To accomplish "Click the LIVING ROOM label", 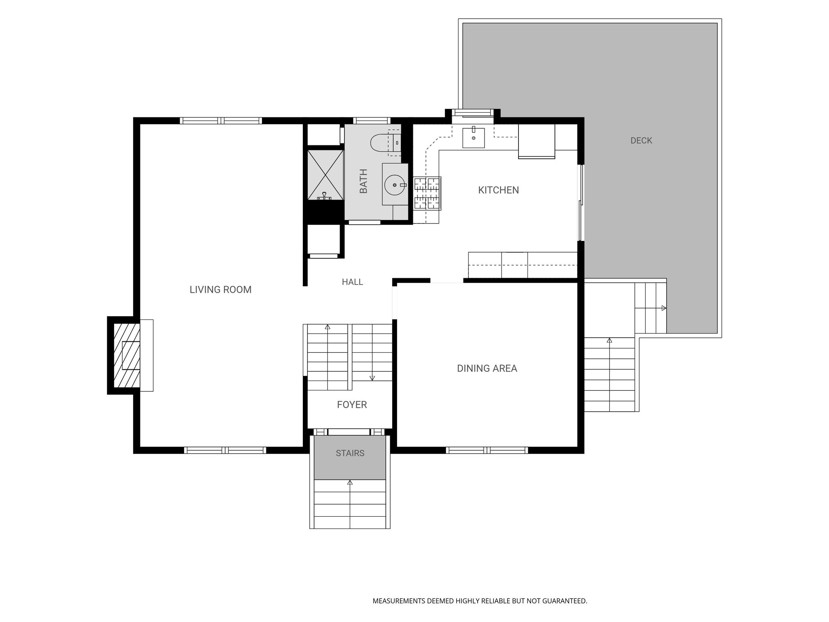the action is [x=221, y=290].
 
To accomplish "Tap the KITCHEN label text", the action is [x=498, y=190].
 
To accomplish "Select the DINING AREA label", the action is [x=487, y=368].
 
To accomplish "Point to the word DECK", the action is [x=641, y=141].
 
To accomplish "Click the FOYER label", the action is [x=352, y=405].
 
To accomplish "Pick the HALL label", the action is [x=352, y=282].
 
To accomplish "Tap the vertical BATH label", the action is [x=363, y=181].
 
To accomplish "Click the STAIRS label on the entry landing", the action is [x=350, y=453].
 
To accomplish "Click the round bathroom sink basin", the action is [x=395, y=185].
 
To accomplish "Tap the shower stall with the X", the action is [x=325, y=175].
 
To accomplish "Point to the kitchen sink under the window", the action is [x=474, y=138].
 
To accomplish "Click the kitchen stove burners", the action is [x=427, y=194].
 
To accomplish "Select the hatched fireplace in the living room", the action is [x=127, y=355].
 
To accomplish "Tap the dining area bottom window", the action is [x=487, y=450].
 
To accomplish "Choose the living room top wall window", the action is [x=221, y=120].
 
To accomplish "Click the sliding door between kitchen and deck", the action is [x=581, y=202].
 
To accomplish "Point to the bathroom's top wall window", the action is [x=372, y=120].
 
